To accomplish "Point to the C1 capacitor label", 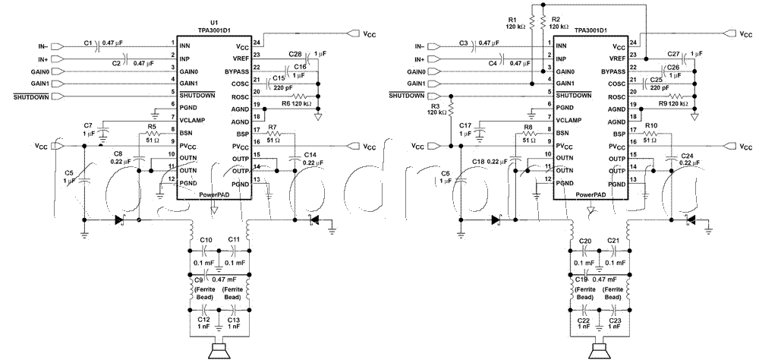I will [x=88, y=43].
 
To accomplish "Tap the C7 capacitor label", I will [x=88, y=124].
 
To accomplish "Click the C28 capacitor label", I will [x=295, y=54].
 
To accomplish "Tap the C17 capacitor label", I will [x=465, y=124].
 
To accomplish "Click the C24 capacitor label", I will [x=685, y=154].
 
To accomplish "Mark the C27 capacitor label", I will [x=672, y=54].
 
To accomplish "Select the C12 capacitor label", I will [x=203, y=319].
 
